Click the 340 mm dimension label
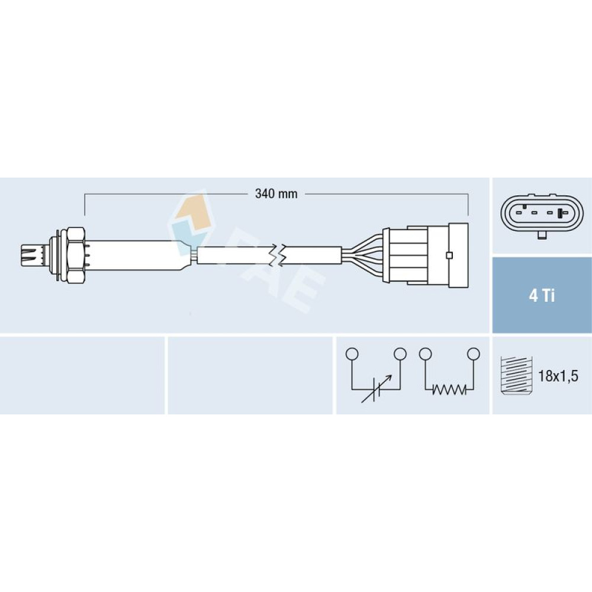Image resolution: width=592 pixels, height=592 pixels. point(276,194)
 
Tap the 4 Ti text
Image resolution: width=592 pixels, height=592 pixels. point(542,295)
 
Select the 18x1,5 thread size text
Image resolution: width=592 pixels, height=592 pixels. point(558,376)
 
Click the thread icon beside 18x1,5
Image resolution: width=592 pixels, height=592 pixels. point(516,376)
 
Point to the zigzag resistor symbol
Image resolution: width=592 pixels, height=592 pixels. point(449,390)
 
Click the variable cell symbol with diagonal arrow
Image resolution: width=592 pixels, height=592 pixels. point(376,389)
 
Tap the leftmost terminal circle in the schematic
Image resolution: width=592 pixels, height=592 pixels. point(352,354)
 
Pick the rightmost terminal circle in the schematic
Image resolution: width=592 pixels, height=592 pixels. point(473,354)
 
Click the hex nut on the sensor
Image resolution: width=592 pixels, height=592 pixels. point(76,255)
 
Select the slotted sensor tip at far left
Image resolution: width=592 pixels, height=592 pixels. point(30,255)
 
